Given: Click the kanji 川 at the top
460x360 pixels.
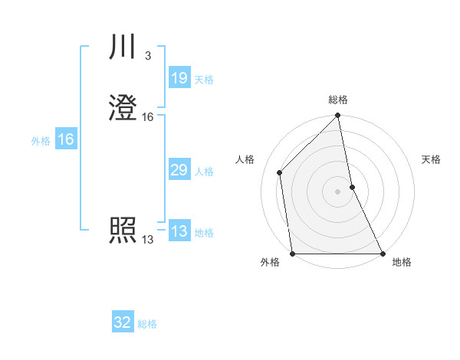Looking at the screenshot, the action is (x=123, y=47).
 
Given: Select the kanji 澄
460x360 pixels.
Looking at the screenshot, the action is (x=123, y=110).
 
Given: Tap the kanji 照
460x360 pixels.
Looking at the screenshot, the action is (x=123, y=231).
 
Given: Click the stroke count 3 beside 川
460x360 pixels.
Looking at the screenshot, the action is (x=148, y=56).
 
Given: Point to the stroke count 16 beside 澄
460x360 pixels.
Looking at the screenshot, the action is (x=148, y=117).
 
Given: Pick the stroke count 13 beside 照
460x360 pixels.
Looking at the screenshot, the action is (x=147, y=240).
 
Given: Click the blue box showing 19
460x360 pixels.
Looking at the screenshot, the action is (x=179, y=78).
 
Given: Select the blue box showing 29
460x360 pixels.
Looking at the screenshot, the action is (x=179, y=170).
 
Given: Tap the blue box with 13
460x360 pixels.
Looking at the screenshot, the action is (x=179, y=231).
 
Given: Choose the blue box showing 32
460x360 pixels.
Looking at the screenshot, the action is (x=123, y=322).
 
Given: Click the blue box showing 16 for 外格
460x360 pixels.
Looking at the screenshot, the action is (x=65, y=139).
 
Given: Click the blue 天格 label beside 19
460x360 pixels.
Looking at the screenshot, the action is (x=204, y=80).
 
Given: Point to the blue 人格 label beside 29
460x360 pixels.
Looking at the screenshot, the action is (x=204, y=172).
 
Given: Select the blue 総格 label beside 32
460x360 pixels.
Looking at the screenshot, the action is (x=147, y=324).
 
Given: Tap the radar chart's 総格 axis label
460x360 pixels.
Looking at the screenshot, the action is (x=338, y=100).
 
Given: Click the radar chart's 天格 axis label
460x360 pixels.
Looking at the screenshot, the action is (x=431, y=159).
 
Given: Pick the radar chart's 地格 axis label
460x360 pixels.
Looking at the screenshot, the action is (x=402, y=263).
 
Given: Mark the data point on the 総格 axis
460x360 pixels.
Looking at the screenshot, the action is (x=338, y=116).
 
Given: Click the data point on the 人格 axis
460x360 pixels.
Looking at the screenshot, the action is (x=280, y=172).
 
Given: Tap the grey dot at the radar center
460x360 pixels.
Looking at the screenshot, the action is (x=338, y=191).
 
